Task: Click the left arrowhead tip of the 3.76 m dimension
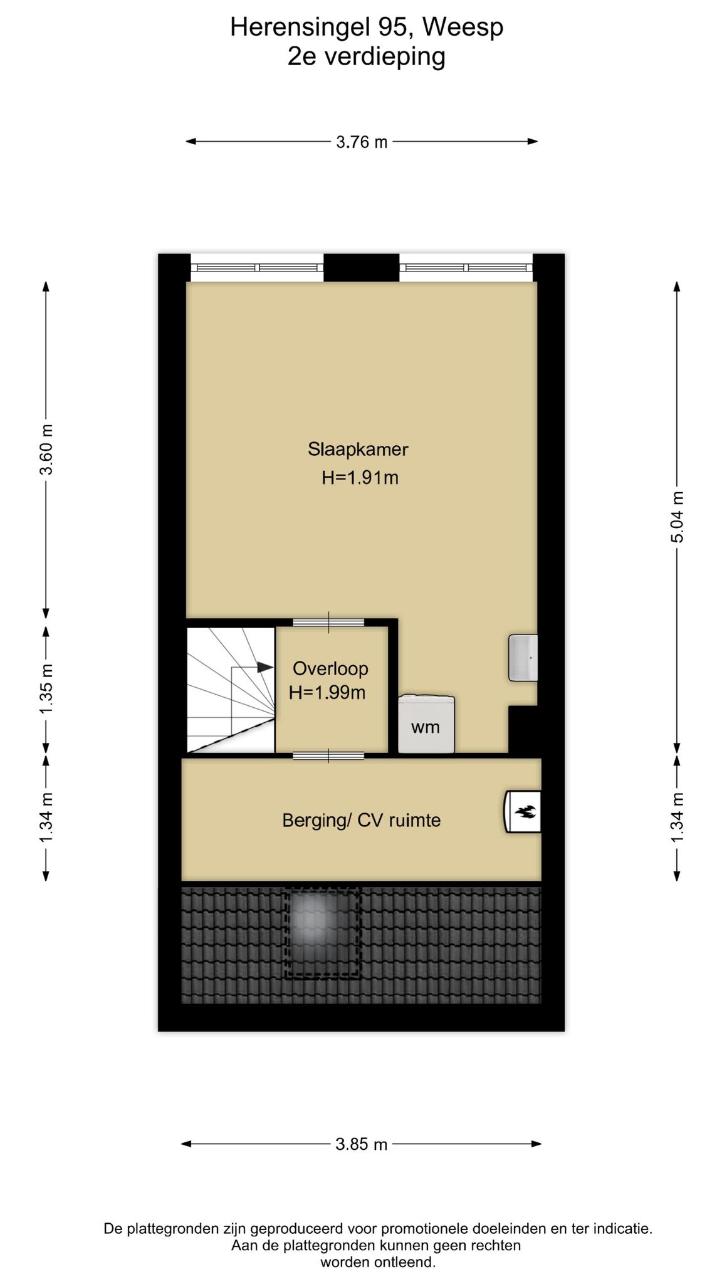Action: click(x=186, y=142)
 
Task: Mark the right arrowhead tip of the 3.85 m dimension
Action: click(x=541, y=1144)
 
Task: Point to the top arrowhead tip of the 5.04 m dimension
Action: click(x=677, y=281)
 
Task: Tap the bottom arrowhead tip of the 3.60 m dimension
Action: click(x=46, y=619)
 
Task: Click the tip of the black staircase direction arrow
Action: click(x=274, y=668)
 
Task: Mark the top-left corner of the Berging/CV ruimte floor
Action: click(x=182, y=759)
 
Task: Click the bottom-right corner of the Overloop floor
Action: click(x=388, y=752)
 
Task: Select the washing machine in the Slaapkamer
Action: click(x=426, y=724)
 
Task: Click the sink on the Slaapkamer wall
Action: click(x=523, y=658)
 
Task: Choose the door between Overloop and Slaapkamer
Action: click(x=329, y=623)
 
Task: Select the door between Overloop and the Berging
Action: click(x=329, y=755)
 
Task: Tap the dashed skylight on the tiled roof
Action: click(x=323, y=932)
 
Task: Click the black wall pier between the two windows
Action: click(x=362, y=268)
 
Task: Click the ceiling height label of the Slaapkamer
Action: click(x=360, y=478)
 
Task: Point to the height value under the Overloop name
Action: click(x=327, y=693)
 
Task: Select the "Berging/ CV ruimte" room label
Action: click(x=362, y=820)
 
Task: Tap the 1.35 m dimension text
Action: click(x=46, y=688)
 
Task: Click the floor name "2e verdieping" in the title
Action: click(x=367, y=57)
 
